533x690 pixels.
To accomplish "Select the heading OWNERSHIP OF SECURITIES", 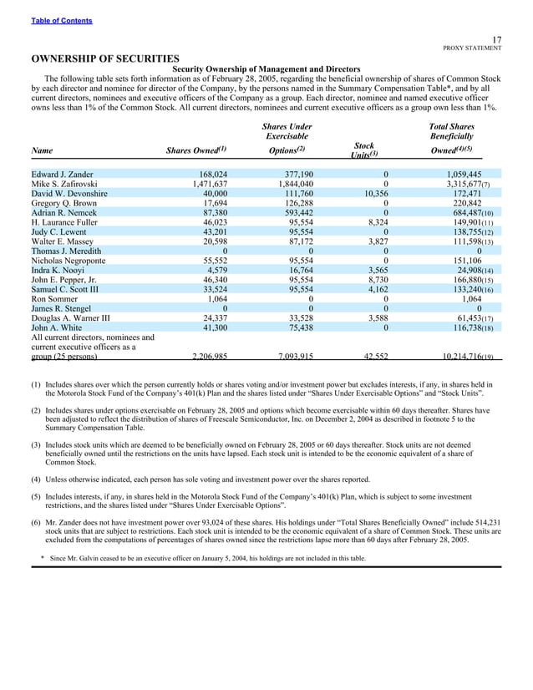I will coord(105,58).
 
